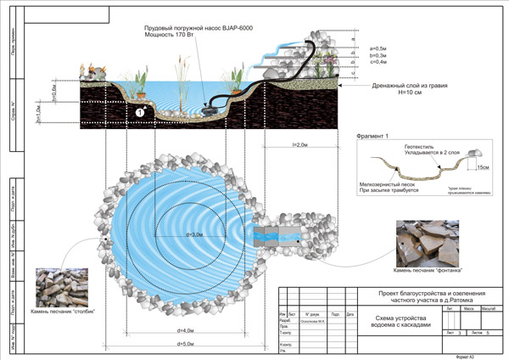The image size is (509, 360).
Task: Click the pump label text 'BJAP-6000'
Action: tap(235, 30)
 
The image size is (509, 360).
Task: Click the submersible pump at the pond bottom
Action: tap(212, 105)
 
